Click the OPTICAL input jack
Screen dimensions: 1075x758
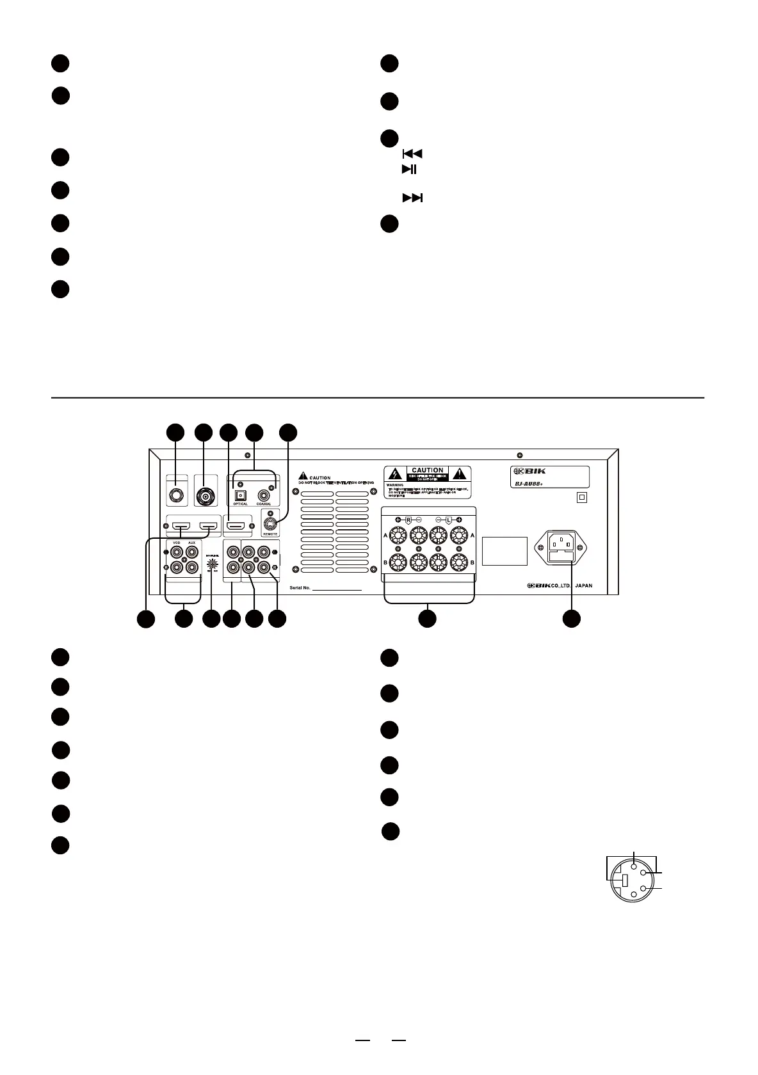(x=241, y=495)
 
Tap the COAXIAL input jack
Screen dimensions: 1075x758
(x=263, y=495)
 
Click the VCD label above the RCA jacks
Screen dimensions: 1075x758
(x=176, y=542)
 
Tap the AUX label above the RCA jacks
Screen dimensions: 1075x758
(x=191, y=542)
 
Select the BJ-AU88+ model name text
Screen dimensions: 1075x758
(x=529, y=484)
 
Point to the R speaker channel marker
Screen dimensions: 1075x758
(x=408, y=520)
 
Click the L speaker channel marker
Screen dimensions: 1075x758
(x=448, y=520)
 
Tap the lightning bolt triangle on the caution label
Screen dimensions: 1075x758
(x=394, y=474)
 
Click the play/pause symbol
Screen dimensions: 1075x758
(x=409, y=170)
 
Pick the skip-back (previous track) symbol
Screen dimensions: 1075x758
(x=412, y=154)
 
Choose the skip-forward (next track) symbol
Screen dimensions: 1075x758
(x=412, y=198)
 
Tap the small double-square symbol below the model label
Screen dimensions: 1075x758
(x=582, y=497)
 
